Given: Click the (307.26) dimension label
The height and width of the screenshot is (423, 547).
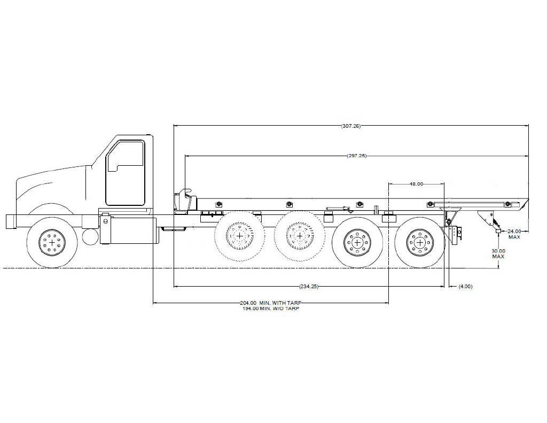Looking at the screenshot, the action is pyautogui.click(x=351, y=126).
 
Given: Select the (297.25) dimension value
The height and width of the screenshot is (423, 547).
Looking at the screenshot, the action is pyautogui.click(x=356, y=156).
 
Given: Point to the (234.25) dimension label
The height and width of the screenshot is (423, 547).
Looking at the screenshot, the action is pyautogui.click(x=309, y=287).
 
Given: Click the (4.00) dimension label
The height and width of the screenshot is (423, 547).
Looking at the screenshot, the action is pyautogui.click(x=465, y=287).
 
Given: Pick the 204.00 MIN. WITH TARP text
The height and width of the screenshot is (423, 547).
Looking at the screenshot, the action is pyautogui.click(x=271, y=303).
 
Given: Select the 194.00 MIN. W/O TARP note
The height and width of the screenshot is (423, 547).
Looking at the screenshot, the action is pyautogui.click(x=271, y=309).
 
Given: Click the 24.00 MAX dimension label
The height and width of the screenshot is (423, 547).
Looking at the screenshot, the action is pyautogui.click(x=514, y=234).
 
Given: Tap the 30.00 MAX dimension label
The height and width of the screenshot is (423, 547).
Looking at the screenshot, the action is pyautogui.click(x=498, y=253).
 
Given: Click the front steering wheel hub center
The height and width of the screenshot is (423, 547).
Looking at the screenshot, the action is pyautogui.click(x=52, y=242).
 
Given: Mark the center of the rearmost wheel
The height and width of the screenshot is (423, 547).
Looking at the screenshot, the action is pyautogui.click(x=420, y=242).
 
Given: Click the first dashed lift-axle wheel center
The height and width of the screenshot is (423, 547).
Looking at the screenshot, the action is pyautogui.click(x=240, y=236).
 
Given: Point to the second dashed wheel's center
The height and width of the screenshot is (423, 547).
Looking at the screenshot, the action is pyautogui.click(x=299, y=236).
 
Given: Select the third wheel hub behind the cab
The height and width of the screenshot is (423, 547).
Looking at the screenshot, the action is pyautogui.click(x=357, y=242).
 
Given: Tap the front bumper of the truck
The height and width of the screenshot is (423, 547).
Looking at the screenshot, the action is pyautogui.click(x=11, y=222).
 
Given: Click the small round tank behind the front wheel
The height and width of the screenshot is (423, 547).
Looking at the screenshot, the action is pyautogui.click(x=90, y=236).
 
